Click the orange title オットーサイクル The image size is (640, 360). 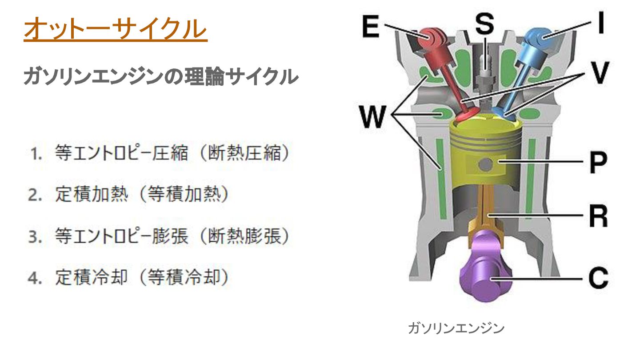[116, 30]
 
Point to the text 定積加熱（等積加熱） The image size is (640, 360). [142, 195]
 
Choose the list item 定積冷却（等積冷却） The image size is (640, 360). [142, 278]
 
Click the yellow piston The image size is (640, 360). [484, 151]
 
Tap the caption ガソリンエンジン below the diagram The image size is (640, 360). [456, 329]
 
